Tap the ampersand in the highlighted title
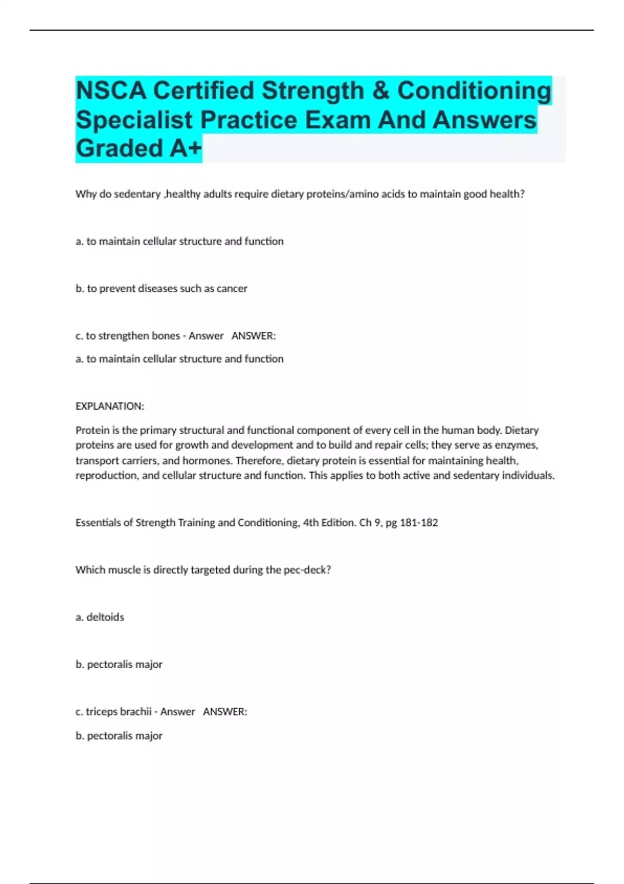[x=381, y=91]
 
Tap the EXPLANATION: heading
[x=110, y=406]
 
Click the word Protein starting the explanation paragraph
[x=92, y=430]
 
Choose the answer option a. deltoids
[x=100, y=617]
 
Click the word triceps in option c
[x=101, y=712]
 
